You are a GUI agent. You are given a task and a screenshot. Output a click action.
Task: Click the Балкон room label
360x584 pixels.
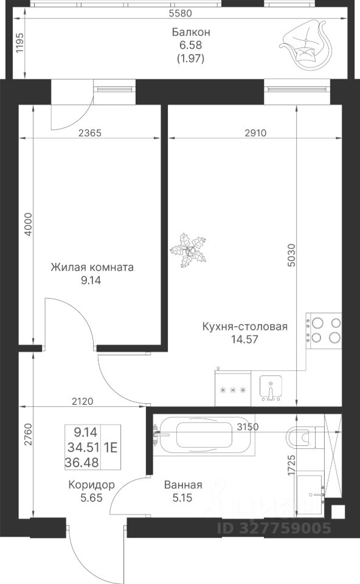(191, 32)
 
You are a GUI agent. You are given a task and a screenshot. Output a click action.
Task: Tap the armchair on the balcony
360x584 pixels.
(306, 44)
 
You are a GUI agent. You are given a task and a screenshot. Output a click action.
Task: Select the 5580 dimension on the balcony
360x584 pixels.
(180, 13)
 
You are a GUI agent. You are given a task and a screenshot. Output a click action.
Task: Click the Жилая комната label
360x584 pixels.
(92, 268)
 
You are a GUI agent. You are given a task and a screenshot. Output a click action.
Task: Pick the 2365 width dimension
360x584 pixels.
(90, 133)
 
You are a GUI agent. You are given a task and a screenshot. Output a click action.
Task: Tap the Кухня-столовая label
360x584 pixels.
(245, 327)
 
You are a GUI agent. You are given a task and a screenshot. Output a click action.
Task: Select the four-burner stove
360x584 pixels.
(324, 331)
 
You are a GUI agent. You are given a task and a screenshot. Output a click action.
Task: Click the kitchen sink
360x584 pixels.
(271, 388)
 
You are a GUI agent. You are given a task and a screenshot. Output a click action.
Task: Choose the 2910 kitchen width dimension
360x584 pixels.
(256, 133)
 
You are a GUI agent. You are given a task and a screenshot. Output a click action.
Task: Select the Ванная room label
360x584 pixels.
(183, 485)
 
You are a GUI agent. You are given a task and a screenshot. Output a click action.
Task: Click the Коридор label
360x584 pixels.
(92, 485)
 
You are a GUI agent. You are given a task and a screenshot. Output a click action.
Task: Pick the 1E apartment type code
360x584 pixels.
(111, 447)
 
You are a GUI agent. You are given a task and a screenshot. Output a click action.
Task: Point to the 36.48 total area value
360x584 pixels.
(82, 462)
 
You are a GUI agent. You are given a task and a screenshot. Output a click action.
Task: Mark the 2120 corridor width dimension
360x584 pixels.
(83, 401)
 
